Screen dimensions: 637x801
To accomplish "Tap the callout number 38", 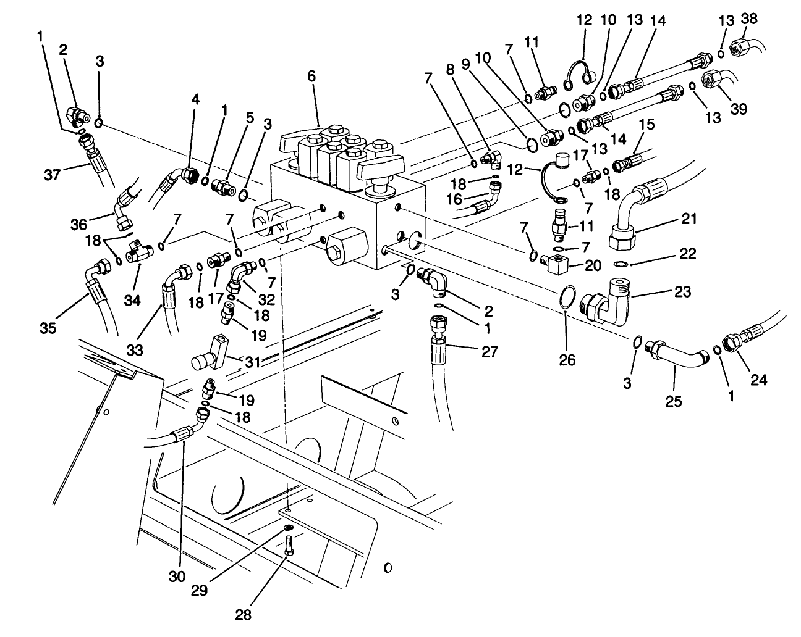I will (x=748, y=19).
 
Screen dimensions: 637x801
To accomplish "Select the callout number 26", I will (x=567, y=359).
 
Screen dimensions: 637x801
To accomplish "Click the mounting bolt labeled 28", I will (x=289, y=547).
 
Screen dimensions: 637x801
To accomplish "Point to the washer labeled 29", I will (x=287, y=528).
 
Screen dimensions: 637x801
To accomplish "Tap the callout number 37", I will (x=54, y=175).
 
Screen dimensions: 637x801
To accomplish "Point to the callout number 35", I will (x=48, y=327).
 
